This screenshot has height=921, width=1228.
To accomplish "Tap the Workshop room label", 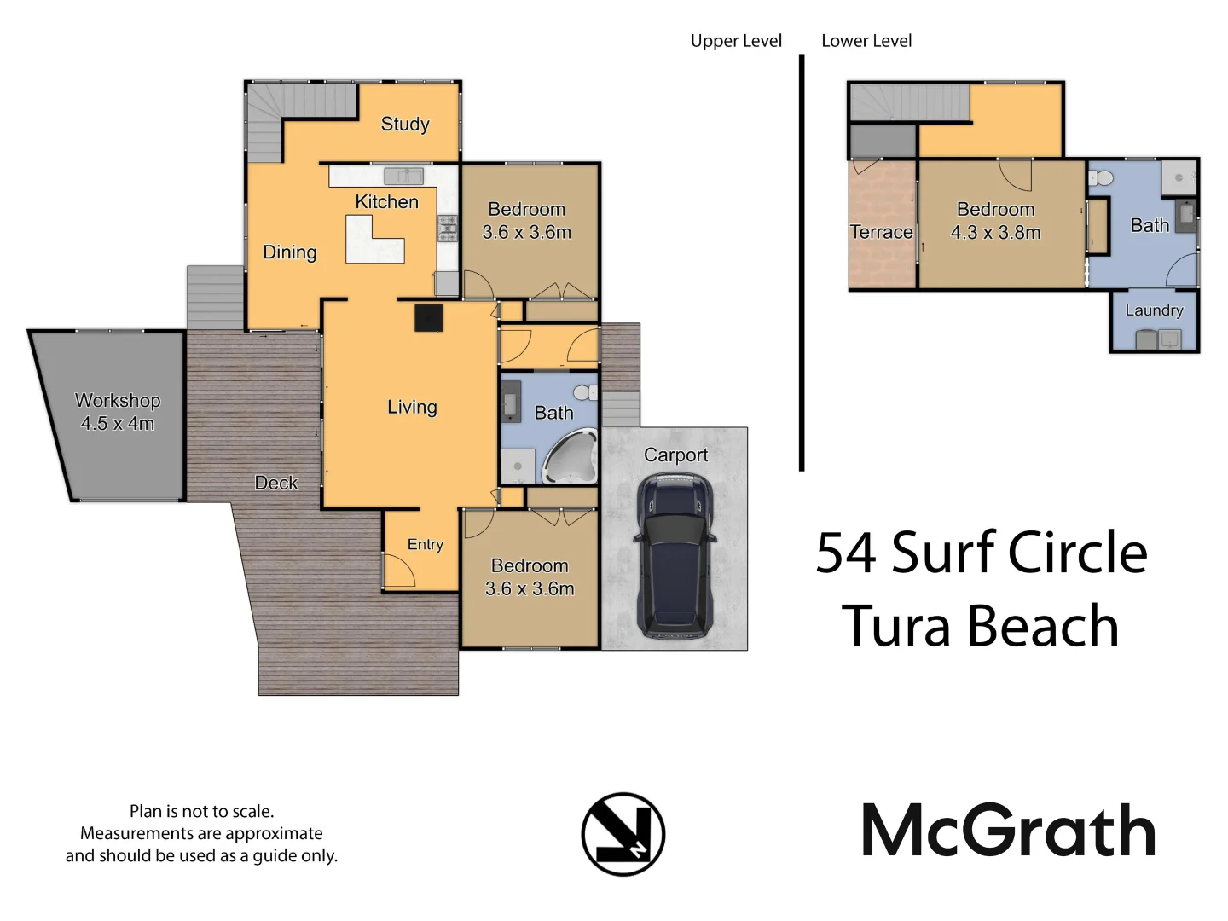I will [x=118, y=401].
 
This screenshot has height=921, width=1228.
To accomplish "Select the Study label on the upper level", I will [x=405, y=125].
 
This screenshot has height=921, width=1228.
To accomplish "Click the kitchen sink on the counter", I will [x=403, y=177].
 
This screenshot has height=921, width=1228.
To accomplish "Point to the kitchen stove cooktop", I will [x=448, y=228].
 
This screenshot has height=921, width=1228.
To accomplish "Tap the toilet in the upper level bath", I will [x=586, y=393].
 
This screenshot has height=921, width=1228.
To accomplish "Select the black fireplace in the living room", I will [x=429, y=317].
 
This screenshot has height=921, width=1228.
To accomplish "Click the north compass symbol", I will [x=623, y=834].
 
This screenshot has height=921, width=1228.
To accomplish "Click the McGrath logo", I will [x=1008, y=831].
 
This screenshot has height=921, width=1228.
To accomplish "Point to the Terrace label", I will [x=881, y=232].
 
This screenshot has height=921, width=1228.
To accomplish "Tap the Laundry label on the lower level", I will [x=1154, y=310].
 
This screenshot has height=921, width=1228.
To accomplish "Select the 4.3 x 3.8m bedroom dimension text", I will [x=995, y=233].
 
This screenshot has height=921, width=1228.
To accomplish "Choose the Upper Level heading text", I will [x=736, y=41].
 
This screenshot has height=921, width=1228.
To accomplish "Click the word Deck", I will [x=276, y=483].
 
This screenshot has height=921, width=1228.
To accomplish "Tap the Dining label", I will [x=290, y=252].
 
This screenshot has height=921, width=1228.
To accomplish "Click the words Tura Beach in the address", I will [x=980, y=627].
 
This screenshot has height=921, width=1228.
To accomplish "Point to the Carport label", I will [x=675, y=455].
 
